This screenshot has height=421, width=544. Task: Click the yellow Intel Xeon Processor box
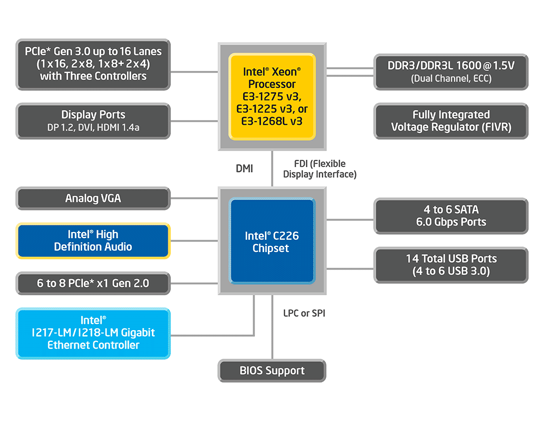pos(272,97)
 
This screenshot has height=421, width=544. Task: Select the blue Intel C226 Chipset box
pos(272,241)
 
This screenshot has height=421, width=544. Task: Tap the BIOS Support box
pos(272,371)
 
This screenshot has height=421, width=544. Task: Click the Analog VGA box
pos(93,199)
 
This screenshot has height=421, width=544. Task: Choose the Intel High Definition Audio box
pos(93,241)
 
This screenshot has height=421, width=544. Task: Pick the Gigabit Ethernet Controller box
pos(93,333)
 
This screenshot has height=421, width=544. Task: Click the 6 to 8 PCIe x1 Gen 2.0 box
pos(93,283)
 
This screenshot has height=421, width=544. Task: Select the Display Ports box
pos(93,121)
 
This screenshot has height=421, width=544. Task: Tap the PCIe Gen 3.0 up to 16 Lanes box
pos(93,64)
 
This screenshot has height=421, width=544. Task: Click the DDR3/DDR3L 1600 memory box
pos(451,72)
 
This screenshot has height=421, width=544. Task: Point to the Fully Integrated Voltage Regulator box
pos(451,121)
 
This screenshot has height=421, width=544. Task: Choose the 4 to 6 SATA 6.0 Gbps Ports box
pos(451,216)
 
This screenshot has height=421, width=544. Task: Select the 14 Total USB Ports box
pos(451,265)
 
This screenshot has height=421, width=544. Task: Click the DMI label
pos(244,169)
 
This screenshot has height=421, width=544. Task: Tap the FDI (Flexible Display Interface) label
pos(320,169)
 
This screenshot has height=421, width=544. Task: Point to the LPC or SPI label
pos(304,313)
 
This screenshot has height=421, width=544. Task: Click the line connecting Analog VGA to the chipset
pos(194,199)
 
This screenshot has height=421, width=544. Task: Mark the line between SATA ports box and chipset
pos(350,219)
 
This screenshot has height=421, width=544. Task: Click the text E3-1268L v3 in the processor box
pos(272,121)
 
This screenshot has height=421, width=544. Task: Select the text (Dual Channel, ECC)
pos(451,79)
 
